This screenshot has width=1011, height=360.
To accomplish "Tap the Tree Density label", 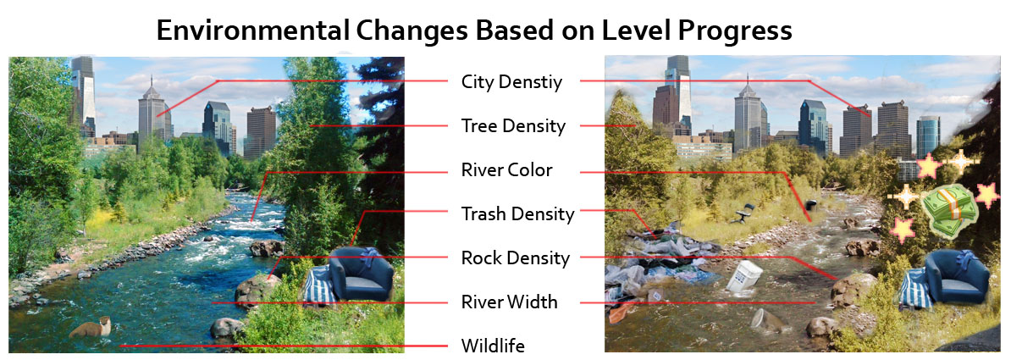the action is (x=513, y=126).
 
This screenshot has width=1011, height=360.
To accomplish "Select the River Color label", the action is (x=507, y=170).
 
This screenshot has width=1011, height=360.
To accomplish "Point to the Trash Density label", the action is (x=517, y=213).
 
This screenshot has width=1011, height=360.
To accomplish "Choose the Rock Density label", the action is (x=515, y=258).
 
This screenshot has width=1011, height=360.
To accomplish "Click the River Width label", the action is (x=510, y=302).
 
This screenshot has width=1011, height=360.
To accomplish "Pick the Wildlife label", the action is (x=493, y=346).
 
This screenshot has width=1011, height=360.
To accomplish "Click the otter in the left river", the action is (x=91, y=329).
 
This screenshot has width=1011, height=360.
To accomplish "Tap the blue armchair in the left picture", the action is (x=361, y=274).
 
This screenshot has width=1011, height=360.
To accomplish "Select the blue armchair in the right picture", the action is (x=957, y=278).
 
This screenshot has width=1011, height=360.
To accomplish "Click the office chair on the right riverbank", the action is (x=744, y=213).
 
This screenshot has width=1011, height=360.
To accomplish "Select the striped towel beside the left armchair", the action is (x=319, y=286).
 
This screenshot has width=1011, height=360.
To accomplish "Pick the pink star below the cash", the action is (x=902, y=229).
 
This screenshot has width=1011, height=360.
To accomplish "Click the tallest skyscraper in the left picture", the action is (x=83, y=96).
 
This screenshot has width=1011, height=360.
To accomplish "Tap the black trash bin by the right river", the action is (x=810, y=206).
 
